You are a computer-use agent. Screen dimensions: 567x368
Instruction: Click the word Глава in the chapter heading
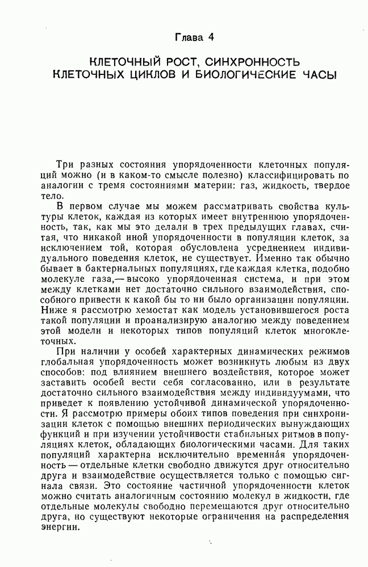188,38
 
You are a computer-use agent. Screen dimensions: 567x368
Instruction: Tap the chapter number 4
211,38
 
